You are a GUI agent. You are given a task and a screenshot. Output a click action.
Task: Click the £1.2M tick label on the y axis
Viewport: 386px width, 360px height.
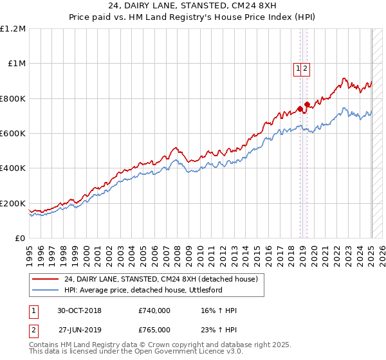coord(13,29)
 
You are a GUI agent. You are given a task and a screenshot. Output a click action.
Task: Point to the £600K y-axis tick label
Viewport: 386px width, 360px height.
coord(13,134)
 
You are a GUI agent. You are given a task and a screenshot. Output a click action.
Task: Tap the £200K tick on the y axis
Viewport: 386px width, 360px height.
coord(13,203)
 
